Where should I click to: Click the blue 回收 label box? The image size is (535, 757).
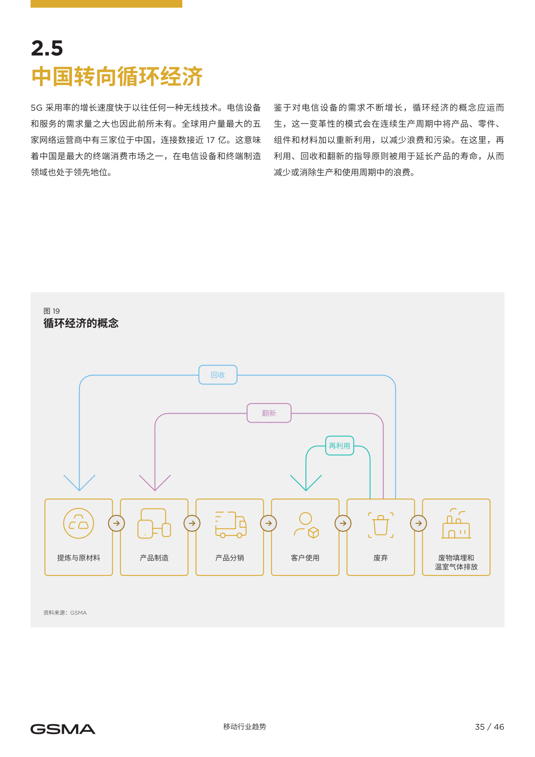point(218,375)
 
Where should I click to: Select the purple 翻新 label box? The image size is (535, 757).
point(269,413)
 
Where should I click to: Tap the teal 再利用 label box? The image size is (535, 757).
point(340,446)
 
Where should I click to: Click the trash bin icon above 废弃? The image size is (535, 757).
point(380,525)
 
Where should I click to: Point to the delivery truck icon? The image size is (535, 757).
point(231,525)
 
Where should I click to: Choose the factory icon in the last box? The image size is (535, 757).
point(456,524)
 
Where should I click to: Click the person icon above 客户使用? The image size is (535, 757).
point(306,525)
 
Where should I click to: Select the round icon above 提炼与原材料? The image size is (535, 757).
point(79,523)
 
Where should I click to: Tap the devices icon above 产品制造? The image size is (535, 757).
point(155,523)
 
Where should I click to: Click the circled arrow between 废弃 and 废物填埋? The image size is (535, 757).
point(419,523)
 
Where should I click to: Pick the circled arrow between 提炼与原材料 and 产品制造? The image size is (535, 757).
point(116,523)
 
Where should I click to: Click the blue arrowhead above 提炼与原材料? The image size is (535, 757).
point(80,483)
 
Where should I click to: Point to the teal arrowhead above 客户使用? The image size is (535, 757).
point(306,483)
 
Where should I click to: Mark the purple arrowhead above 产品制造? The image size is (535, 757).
point(155,483)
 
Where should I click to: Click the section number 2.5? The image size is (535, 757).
point(47,48)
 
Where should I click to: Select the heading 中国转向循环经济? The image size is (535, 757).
point(117,76)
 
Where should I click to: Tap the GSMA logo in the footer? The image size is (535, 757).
point(63,729)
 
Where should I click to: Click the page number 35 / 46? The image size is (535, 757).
point(489,727)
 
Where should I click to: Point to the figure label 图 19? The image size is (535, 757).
point(52,311)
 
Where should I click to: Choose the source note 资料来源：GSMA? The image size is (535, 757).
point(65,613)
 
